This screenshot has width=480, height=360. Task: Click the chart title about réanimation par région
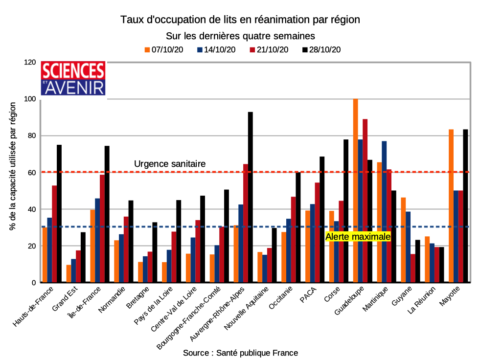240,20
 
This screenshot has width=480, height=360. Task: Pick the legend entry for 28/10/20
321,49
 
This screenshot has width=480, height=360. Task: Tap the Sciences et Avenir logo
73,78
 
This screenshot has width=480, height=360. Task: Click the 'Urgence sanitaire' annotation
170,164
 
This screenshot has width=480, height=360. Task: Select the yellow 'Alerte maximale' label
358,237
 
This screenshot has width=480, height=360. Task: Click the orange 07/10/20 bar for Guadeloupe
355,191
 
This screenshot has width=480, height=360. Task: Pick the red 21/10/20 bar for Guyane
413,268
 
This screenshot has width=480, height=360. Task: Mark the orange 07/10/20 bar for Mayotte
451,206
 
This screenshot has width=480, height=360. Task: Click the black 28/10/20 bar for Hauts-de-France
59,214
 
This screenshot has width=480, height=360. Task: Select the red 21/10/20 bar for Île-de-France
102,228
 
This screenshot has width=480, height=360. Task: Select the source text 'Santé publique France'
257,353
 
